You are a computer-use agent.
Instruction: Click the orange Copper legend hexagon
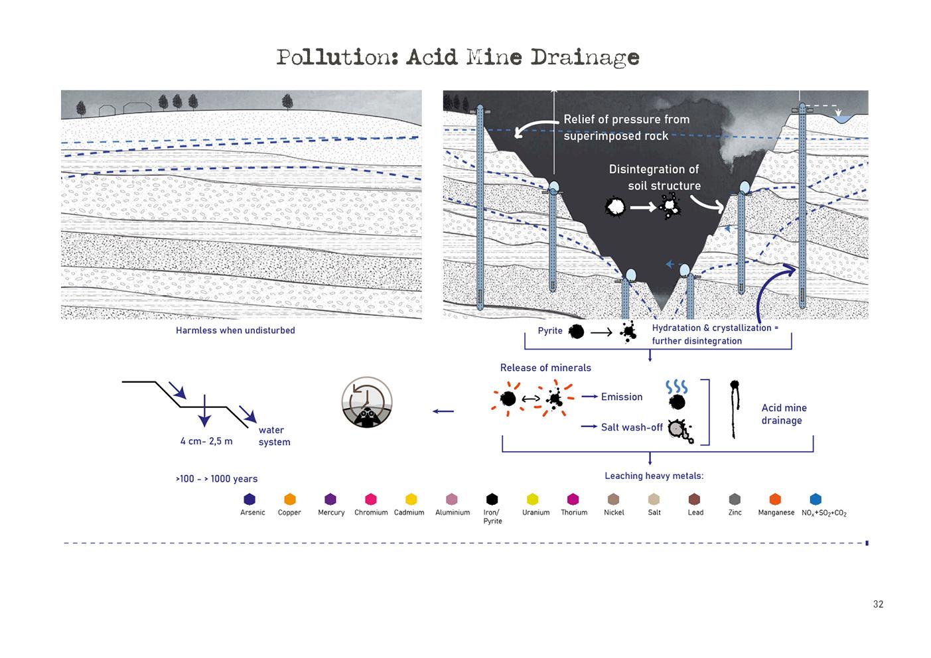click(x=289, y=499)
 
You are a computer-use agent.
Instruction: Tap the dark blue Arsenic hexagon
click(x=250, y=499)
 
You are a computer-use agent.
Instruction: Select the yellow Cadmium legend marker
click(x=411, y=499)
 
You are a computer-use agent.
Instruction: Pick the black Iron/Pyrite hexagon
click(x=492, y=499)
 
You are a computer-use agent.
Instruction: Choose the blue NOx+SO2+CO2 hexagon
click(x=816, y=499)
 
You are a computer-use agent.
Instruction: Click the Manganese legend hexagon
click(x=775, y=499)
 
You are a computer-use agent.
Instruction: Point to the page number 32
click(x=878, y=604)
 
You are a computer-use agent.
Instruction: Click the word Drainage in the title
click(x=584, y=58)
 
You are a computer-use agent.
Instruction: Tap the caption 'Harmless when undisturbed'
click(x=235, y=330)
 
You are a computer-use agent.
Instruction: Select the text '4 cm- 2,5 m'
click(x=206, y=441)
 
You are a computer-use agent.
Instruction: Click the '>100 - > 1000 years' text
click(x=216, y=479)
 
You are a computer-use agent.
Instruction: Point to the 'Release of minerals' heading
click(x=545, y=367)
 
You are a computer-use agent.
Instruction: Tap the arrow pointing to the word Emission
click(x=589, y=397)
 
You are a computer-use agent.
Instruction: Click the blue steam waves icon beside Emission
click(x=676, y=387)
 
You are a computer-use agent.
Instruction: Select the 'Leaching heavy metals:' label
click(x=654, y=476)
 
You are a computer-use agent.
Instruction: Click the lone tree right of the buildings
click(x=287, y=101)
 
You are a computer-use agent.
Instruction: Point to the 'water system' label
click(x=274, y=436)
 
